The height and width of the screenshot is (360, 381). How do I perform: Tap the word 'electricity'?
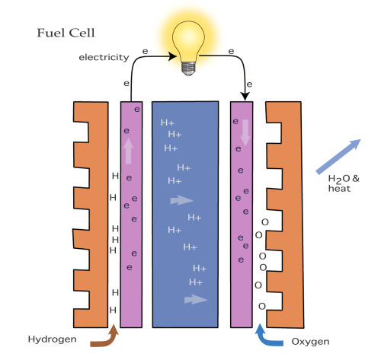point(97,57)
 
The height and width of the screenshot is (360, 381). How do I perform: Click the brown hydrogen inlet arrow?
point(105,336)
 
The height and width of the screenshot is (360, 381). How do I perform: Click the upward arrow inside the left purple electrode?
point(127,151)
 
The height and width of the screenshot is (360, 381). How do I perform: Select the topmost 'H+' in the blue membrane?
point(166,123)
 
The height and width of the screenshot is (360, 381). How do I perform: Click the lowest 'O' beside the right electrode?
point(262,307)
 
